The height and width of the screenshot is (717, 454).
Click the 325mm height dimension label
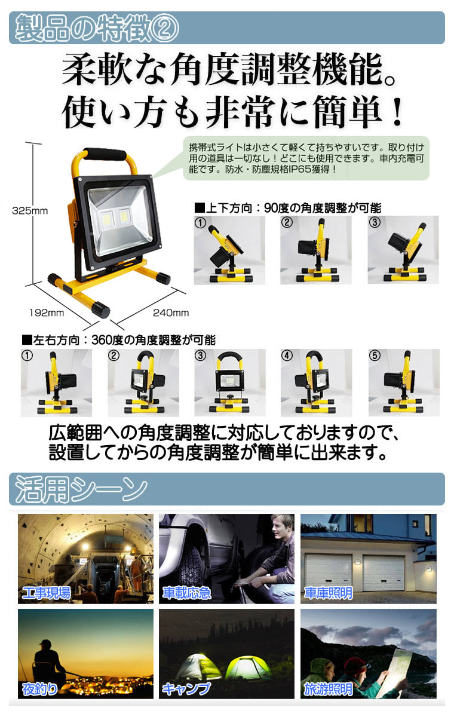click(x=30, y=211)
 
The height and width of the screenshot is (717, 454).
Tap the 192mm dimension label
click(x=47, y=312)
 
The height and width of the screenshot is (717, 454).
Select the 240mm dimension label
click(x=171, y=312)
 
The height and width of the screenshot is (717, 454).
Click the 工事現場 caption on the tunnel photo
click(x=47, y=593)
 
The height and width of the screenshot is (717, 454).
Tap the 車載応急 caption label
click(x=187, y=593)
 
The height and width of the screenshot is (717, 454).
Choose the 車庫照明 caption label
click(x=329, y=593)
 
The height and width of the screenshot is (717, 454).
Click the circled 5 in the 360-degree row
click(x=375, y=356)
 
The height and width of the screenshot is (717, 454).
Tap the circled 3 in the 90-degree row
click(x=375, y=222)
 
